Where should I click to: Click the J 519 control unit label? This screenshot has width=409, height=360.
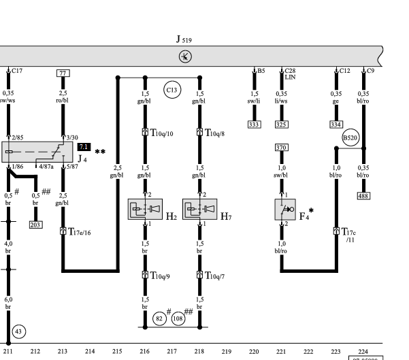184,39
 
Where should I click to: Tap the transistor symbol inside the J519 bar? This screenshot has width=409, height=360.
185,56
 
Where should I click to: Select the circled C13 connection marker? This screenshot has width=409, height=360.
172,90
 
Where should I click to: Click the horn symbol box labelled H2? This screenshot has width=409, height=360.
145,209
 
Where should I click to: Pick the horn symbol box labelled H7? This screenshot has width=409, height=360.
200,209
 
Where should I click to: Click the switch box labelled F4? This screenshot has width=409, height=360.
285,210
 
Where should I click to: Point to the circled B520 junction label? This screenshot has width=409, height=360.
350,137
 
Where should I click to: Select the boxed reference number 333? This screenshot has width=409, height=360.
255,125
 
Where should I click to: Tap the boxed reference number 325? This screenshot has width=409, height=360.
282,125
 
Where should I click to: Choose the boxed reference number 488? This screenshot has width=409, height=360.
363,196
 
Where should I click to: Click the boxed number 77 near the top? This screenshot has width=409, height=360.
63,73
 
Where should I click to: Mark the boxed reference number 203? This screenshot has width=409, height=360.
36,225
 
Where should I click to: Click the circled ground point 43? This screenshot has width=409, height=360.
19,331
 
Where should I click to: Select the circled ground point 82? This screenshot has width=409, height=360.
159,318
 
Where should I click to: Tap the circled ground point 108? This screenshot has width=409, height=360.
178,318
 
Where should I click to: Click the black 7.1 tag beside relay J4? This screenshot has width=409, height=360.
84,147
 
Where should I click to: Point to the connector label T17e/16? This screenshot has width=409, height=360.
80,231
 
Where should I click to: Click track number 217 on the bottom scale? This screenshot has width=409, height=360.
172,352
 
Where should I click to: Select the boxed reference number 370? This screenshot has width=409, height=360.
282,148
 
